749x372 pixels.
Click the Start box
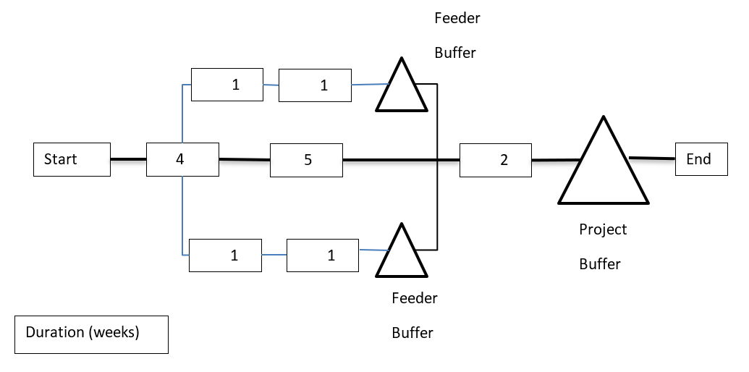pyautogui.click(x=72, y=159)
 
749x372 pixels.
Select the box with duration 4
pyautogui.click(x=182, y=159)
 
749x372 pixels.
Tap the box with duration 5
pyautogui.click(x=306, y=160)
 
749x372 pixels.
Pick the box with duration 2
pyautogui.click(x=496, y=160)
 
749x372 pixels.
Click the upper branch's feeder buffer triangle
pyautogui.click(x=401, y=90)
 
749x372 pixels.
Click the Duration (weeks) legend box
pyautogui.click(x=91, y=334)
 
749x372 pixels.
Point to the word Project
pyautogui.click(x=603, y=229)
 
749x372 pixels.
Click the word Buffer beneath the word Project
pyautogui.click(x=600, y=264)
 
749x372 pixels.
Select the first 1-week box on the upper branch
pyautogui.click(x=227, y=85)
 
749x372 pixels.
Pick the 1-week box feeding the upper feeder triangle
pyautogui.click(x=315, y=85)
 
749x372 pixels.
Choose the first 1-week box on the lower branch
pyautogui.click(x=225, y=255)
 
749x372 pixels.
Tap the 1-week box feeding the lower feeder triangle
pyautogui.click(x=323, y=255)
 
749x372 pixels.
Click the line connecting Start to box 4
pyautogui.click(x=128, y=159)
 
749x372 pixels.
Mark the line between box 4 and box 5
pyautogui.click(x=245, y=159)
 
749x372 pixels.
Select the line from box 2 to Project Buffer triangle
pyautogui.click(x=556, y=159)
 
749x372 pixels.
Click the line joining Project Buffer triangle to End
pyautogui.click(x=652, y=158)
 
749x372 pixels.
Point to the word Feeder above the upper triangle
pyautogui.click(x=457, y=19)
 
